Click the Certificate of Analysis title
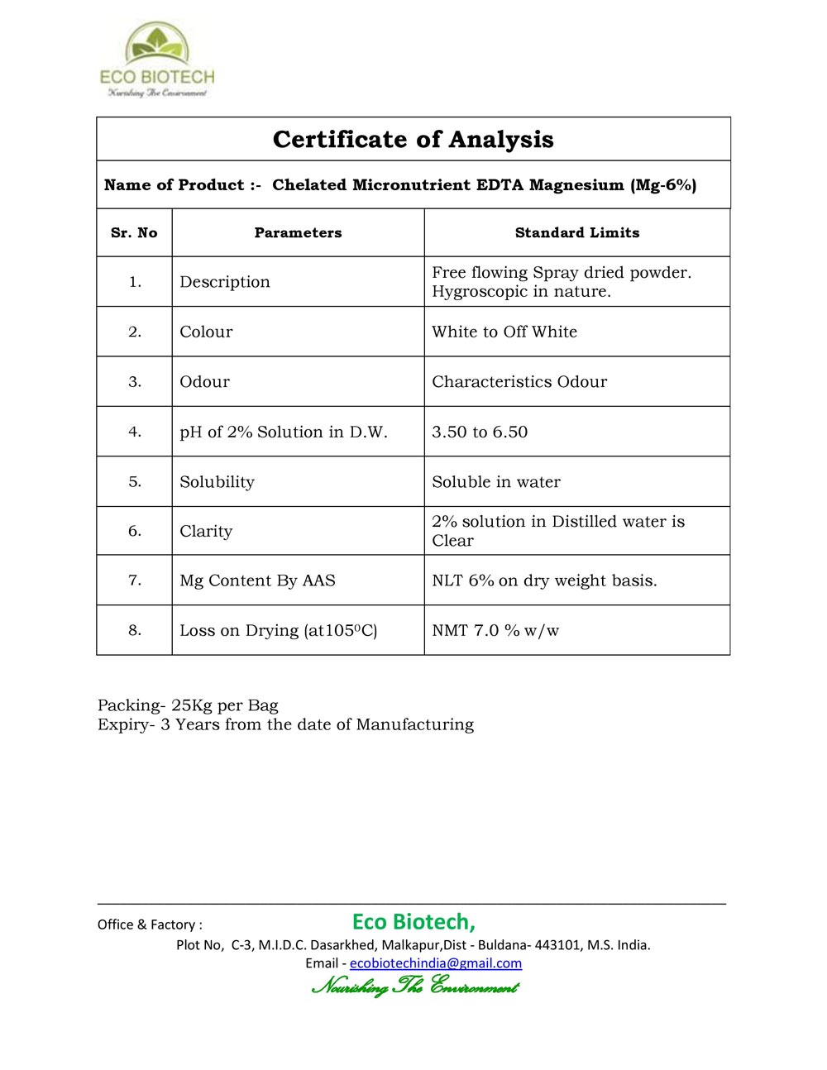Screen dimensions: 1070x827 [x=413, y=139]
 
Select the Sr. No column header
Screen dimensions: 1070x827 [x=134, y=233]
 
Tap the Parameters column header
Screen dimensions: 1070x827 [x=298, y=233]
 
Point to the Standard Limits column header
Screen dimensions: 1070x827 [x=577, y=233]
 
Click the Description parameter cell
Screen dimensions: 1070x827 [x=225, y=282]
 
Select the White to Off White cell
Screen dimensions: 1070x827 [x=504, y=332]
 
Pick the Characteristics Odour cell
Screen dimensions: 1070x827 [x=519, y=382]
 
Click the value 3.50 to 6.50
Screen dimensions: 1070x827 [x=480, y=432]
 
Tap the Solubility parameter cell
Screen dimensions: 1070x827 [x=218, y=482]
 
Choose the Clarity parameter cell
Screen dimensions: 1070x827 [x=206, y=531]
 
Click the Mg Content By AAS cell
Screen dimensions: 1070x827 [x=258, y=580]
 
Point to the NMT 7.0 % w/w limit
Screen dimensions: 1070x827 [x=495, y=630]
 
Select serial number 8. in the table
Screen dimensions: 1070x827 [x=135, y=630]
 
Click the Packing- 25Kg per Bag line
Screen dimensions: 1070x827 [x=188, y=705]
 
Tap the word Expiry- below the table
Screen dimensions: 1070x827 [x=126, y=724]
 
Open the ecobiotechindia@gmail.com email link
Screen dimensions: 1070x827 [x=436, y=963]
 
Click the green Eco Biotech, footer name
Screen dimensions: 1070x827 [x=413, y=921]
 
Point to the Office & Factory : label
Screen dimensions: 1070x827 [x=150, y=924]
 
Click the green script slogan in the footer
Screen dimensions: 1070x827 [x=414, y=986]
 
